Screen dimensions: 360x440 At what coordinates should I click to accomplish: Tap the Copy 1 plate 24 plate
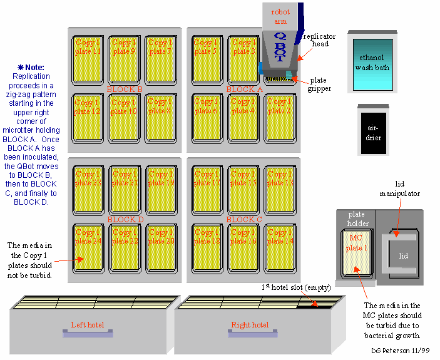click(87, 249)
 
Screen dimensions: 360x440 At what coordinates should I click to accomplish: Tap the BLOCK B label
click(125, 90)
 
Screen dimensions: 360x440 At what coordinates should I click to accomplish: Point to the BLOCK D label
click(125, 220)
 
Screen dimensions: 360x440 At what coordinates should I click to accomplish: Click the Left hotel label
click(87, 325)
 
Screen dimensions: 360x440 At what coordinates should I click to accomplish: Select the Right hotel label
click(250, 325)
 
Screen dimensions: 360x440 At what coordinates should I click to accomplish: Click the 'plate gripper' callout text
click(320, 85)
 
